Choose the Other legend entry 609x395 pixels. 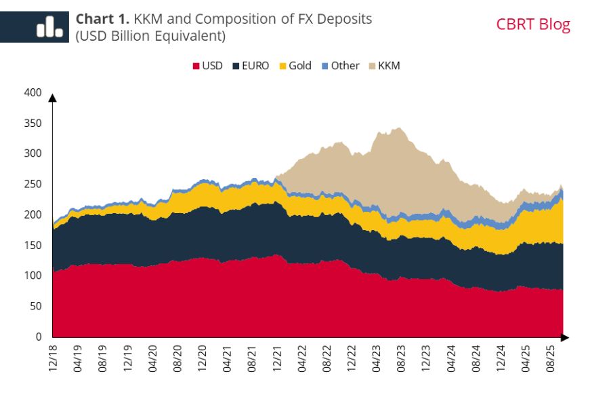[340, 66]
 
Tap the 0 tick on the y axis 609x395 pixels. [38, 337]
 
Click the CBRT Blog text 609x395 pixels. [533, 25]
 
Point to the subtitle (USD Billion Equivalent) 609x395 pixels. [150, 35]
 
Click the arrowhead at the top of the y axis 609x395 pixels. [52, 98]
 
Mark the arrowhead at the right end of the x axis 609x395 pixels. [565, 337]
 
